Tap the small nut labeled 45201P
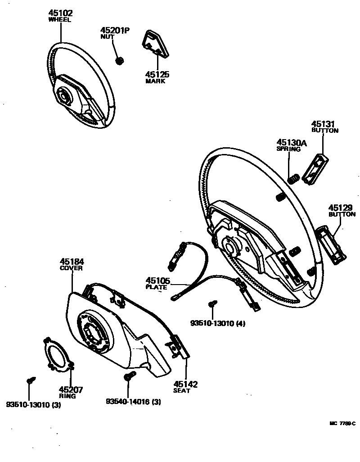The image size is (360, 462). click(x=120, y=60)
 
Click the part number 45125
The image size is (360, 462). click(x=157, y=74)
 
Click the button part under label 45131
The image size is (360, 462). click(x=316, y=169)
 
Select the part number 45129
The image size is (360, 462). click(x=341, y=208)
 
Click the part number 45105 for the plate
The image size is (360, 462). click(x=157, y=281)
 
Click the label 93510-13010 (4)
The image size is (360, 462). click(x=218, y=323)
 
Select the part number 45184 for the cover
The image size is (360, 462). click(x=72, y=262)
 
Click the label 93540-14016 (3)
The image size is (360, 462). click(x=134, y=401)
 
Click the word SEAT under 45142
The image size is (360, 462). click(x=181, y=391)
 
